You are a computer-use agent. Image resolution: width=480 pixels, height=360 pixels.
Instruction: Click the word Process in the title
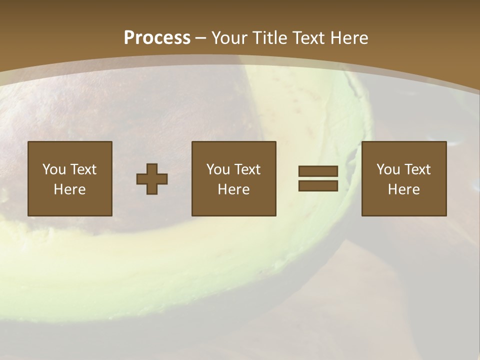(x=157, y=38)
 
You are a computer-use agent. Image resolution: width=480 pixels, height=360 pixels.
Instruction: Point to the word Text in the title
(x=312, y=38)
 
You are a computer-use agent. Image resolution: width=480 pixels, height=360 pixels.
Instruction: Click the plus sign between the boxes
(x=152, y=179)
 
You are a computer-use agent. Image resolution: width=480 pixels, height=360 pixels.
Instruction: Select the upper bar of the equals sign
(x=318, y=171)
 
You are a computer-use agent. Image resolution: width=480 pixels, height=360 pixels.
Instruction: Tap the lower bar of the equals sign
(x=318, y=185)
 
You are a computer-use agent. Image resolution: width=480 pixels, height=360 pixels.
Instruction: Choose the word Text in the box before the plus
(x=83, y=169)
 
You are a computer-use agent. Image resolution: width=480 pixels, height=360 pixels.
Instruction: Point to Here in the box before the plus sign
(x=69, y=189)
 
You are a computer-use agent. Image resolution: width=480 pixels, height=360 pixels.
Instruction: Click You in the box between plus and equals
(x=218, y=169)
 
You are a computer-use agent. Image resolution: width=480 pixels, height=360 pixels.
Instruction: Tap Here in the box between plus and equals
(x=233, y=189)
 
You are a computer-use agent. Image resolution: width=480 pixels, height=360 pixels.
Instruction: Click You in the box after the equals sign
(x=388, y=169)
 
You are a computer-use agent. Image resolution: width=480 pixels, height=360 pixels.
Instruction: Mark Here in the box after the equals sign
(x=403, y=189)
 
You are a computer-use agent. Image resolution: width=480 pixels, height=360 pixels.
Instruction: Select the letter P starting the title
(x=129, y=38)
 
